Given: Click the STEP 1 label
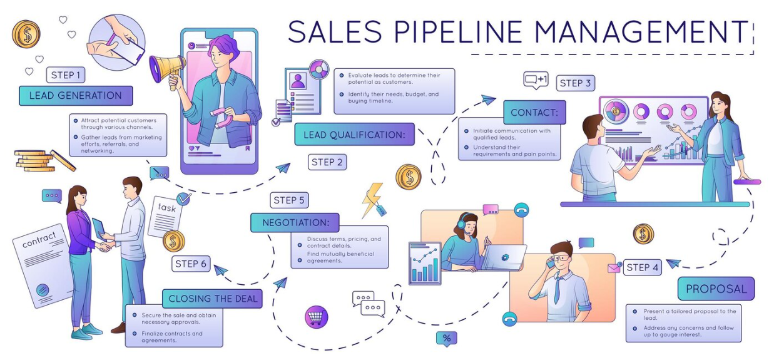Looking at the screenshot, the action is [66, 75].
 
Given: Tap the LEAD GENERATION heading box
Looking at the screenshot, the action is [76, 95].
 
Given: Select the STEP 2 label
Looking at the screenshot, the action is [327, 162].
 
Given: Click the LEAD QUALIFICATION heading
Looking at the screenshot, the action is [354, 135].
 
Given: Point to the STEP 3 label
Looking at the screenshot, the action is [575, 83].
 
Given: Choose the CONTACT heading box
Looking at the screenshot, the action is [534, 113].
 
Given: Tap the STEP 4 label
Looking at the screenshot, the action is [643, 267].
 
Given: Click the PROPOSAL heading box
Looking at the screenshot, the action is [716, 289].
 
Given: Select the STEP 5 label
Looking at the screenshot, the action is [289, 200].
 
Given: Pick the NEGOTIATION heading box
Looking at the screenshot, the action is [295, 222].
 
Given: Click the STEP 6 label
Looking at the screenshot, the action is [191, 264].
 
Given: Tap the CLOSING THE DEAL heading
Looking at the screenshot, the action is [212, 299].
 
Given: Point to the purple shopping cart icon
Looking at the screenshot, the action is [316, 317].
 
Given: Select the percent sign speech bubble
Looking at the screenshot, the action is [446, 339].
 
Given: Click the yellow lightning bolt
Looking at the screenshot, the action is [372, 200].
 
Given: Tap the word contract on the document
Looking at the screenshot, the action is [39, 240].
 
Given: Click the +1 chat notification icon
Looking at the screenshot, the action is [536, 80].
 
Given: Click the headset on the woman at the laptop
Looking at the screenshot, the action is [463, 222].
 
